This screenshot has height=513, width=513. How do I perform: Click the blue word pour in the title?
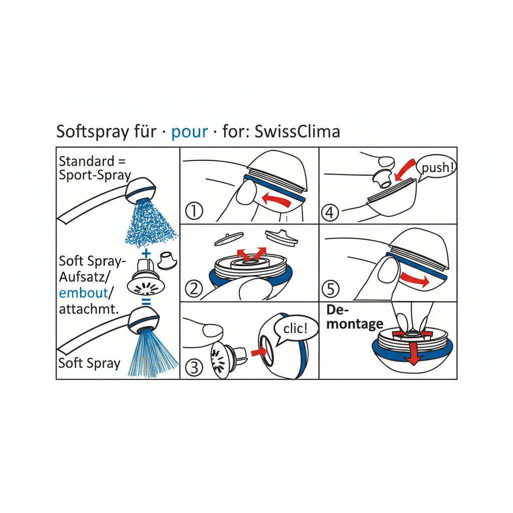189,131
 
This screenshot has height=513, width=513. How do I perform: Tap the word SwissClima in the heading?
298,131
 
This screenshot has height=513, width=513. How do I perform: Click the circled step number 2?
193,289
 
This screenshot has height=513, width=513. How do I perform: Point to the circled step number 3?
194,368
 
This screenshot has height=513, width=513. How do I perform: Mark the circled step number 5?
331,289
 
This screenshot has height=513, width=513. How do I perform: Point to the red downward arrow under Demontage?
412,353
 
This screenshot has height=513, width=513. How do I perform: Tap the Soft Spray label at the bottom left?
89,363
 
